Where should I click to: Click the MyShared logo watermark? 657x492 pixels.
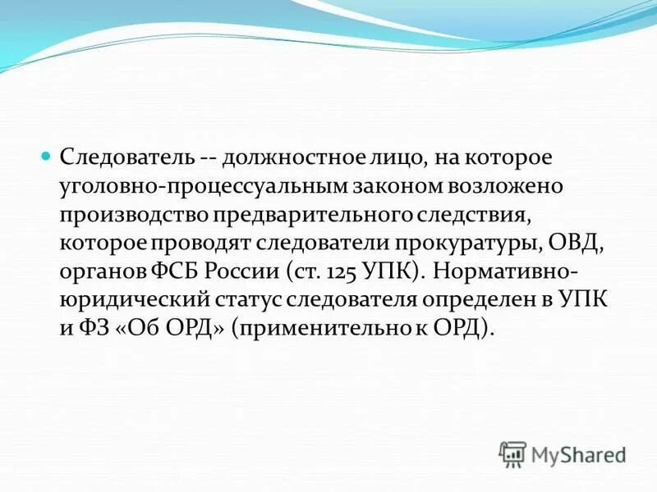563,453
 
